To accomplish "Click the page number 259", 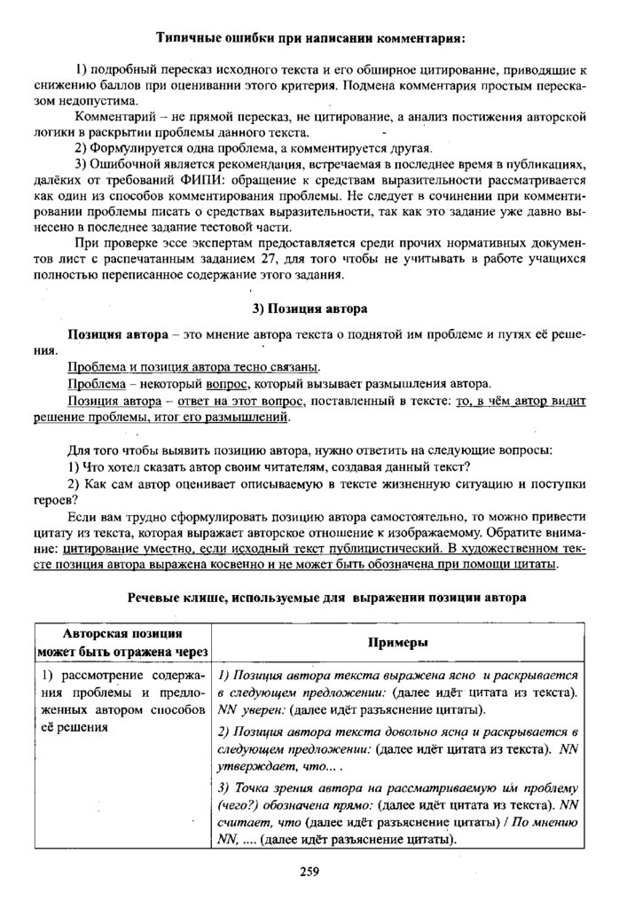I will [x=309, y=871].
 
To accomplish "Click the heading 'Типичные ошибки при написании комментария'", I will [x=309, y=38].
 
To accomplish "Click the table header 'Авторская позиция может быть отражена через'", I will [x=122, y=642].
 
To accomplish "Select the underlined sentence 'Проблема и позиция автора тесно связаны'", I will [x=193, y=367].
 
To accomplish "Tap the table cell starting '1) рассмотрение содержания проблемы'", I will [x=122, y=701].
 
